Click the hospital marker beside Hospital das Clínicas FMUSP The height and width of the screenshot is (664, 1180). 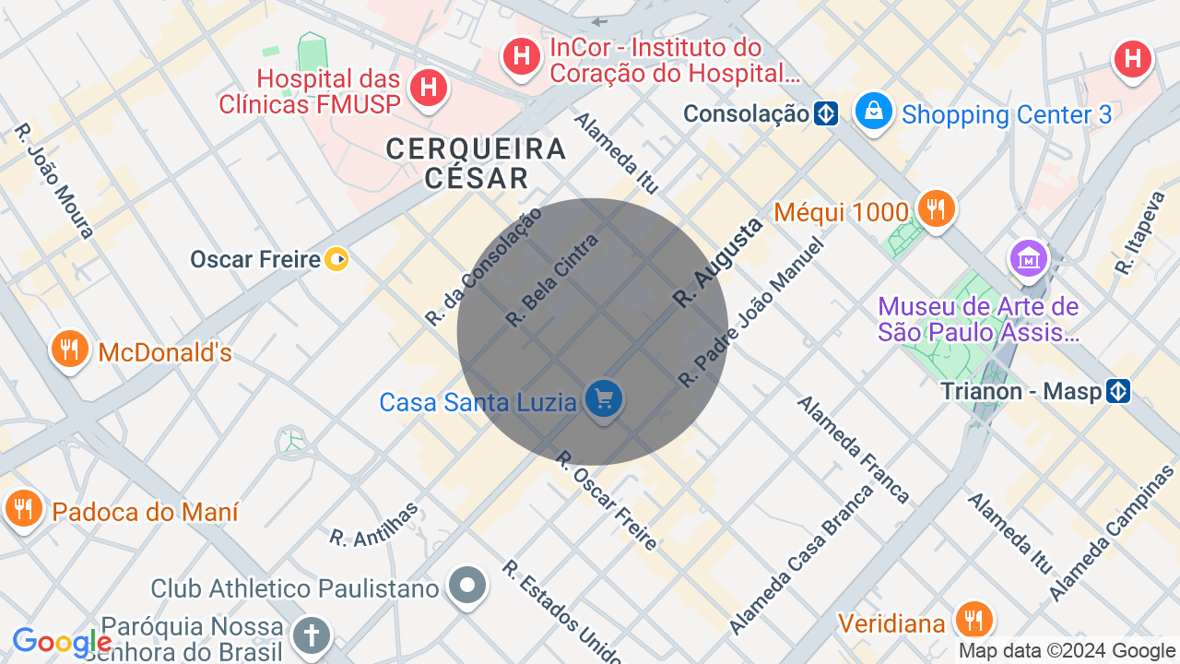(x=428, y=89)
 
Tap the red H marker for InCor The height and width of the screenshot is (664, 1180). (x=522, y=56)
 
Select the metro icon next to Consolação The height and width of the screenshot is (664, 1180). (x=825, y=113)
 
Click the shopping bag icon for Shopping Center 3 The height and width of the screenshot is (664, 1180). (x=872, y=112)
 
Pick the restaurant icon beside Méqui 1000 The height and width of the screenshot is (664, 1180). (x=935, y=208)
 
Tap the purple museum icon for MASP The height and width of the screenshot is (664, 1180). (x=1027, y=258)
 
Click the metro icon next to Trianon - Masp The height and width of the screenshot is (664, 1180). (x=1118, y=391)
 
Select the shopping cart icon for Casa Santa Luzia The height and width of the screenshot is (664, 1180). (x=605, y=399)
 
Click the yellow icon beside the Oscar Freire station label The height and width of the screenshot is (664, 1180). (x=336, y=259)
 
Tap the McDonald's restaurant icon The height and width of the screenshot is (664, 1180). (x=69, y=350)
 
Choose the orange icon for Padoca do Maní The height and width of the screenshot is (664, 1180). (x=23, y=508)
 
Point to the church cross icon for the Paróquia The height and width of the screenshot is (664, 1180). (x=311, y=635)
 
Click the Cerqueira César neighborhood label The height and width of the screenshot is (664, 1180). (x=476, y=163)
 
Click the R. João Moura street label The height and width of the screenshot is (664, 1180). (x=54, y=181)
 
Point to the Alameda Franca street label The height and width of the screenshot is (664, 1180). (x=854, y=449)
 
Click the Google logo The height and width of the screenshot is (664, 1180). (x=62, y=643)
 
